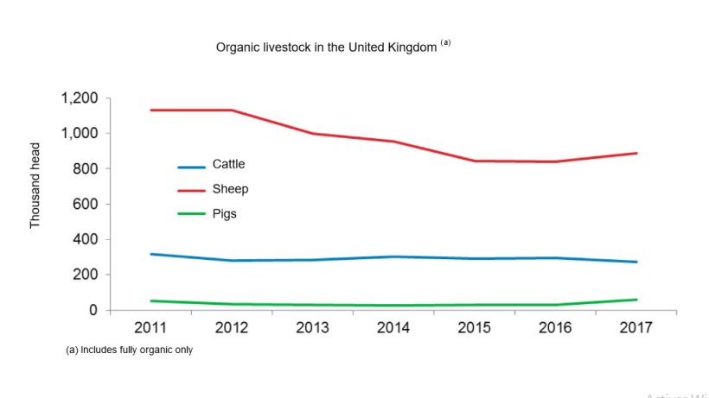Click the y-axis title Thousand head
(35, 186)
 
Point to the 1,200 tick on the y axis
(80, 98)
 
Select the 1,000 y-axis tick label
(80, 134)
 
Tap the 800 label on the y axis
(86, 169)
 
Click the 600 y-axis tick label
(86, 205)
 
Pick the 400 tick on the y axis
(86, 240)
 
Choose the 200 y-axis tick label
(86, 275)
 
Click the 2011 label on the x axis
(150, 329)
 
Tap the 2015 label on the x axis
(475, 329)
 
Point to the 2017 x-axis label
(636, 329)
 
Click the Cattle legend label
(228, 164)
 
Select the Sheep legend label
(229, 188)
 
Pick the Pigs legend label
(224, 212)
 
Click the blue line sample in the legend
(191, 167)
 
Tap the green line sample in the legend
(191, 215)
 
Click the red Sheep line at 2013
(312, 134)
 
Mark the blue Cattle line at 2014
(393, 256)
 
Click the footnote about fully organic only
(129, 351)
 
